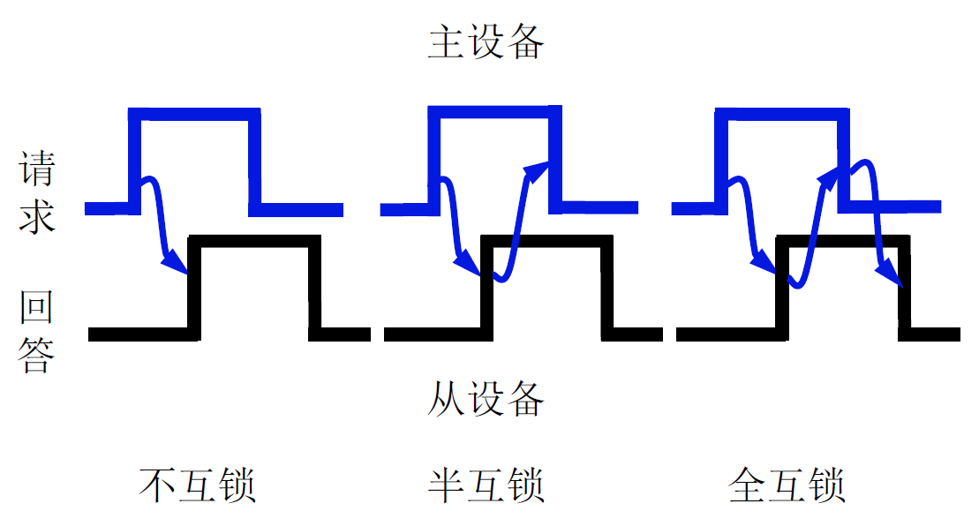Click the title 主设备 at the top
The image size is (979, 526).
(486, 41)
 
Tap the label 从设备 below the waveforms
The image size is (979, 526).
(486, 399)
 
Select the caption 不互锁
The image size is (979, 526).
(198, 485)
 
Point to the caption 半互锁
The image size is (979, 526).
(486, 485)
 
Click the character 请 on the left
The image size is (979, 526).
(37, 168)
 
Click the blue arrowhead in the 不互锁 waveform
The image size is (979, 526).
(176, 262)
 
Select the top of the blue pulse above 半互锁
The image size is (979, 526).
(494, 111)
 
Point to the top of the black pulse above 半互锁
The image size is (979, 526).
(547, 241)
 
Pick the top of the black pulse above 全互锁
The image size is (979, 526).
(843, 241)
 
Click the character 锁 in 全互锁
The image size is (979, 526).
(826, 485)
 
